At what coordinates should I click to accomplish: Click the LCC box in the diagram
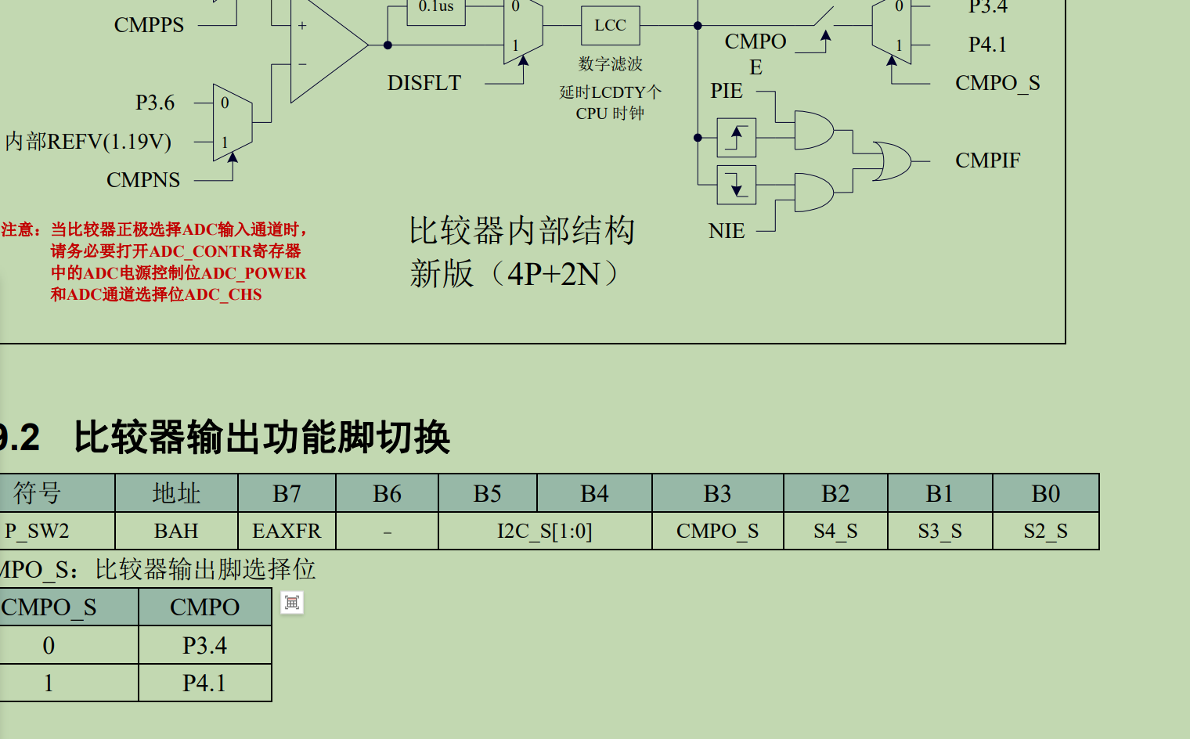(x=610, y=26)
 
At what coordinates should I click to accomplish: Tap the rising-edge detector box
(x=736, y=138)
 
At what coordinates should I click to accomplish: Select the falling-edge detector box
(x=736, y=185)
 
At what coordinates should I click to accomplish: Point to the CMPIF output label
(x=987, y=160)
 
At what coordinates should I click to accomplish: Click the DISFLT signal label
(x=424, y=83)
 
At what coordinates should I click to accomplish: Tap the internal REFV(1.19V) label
(x=88, y=142)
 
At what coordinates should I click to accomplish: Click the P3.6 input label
(x=155, y=103)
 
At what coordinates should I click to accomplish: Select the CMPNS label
(x=143, y=180)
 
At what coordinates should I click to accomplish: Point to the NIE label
(x=727, y=231)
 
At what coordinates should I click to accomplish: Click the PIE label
(x=727, y=91)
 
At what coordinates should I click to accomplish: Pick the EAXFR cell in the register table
(x=287, y=531)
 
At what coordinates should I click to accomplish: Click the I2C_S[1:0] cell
(x=545, y=531)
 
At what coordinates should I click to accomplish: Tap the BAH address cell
(x=176, y=531)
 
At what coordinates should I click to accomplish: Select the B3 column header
(x=717, y=493)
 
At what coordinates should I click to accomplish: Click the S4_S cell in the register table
(x=835, y=531)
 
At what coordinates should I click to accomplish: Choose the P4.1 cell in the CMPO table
(x=204, y=683)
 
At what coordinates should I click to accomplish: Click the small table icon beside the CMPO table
(x=292, y=603)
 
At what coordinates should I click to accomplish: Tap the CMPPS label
(x=149, y=25)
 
